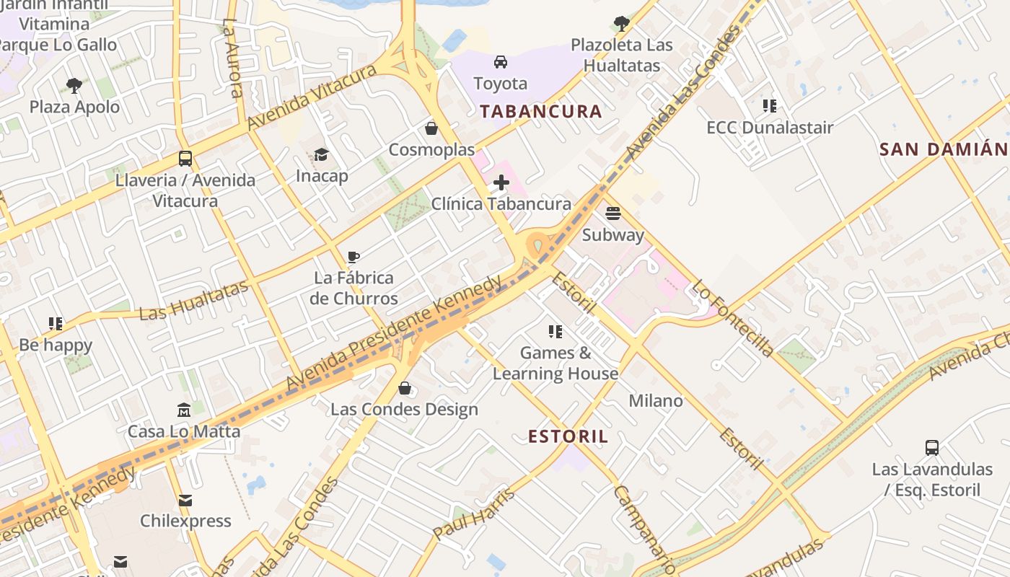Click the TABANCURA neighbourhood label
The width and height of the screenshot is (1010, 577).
point(540,111)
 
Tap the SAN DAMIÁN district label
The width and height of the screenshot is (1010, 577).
point(943,149)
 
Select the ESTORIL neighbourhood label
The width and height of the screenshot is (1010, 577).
point(568,436)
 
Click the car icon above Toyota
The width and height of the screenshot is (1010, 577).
point(501,62)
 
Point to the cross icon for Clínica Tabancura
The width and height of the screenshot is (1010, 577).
point(501,182)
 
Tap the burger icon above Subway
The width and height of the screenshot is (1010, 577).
point(613,213)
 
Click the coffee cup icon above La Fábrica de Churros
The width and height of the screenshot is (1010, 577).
point(353,257)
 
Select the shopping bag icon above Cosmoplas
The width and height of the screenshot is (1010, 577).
point(431,128)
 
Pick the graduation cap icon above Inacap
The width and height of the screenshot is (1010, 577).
point(322,154)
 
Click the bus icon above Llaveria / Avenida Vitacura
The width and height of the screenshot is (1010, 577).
point(185,159)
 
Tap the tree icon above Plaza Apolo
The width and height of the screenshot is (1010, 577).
point(74,86)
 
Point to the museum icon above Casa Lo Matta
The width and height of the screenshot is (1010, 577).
point(184,410)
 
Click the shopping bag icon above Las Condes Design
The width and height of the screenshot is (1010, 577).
point(405,388)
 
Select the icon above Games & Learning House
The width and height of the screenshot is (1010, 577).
point(555,332)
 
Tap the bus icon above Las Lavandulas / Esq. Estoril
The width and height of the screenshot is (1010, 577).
point(932,448)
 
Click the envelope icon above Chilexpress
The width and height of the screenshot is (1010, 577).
point(185,500)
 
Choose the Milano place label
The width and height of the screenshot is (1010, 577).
point(656,400)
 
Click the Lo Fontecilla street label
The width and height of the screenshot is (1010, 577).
point(733,318)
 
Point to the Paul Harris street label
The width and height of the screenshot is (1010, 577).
point(474,514)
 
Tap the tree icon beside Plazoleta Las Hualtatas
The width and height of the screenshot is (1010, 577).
point(621,24)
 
